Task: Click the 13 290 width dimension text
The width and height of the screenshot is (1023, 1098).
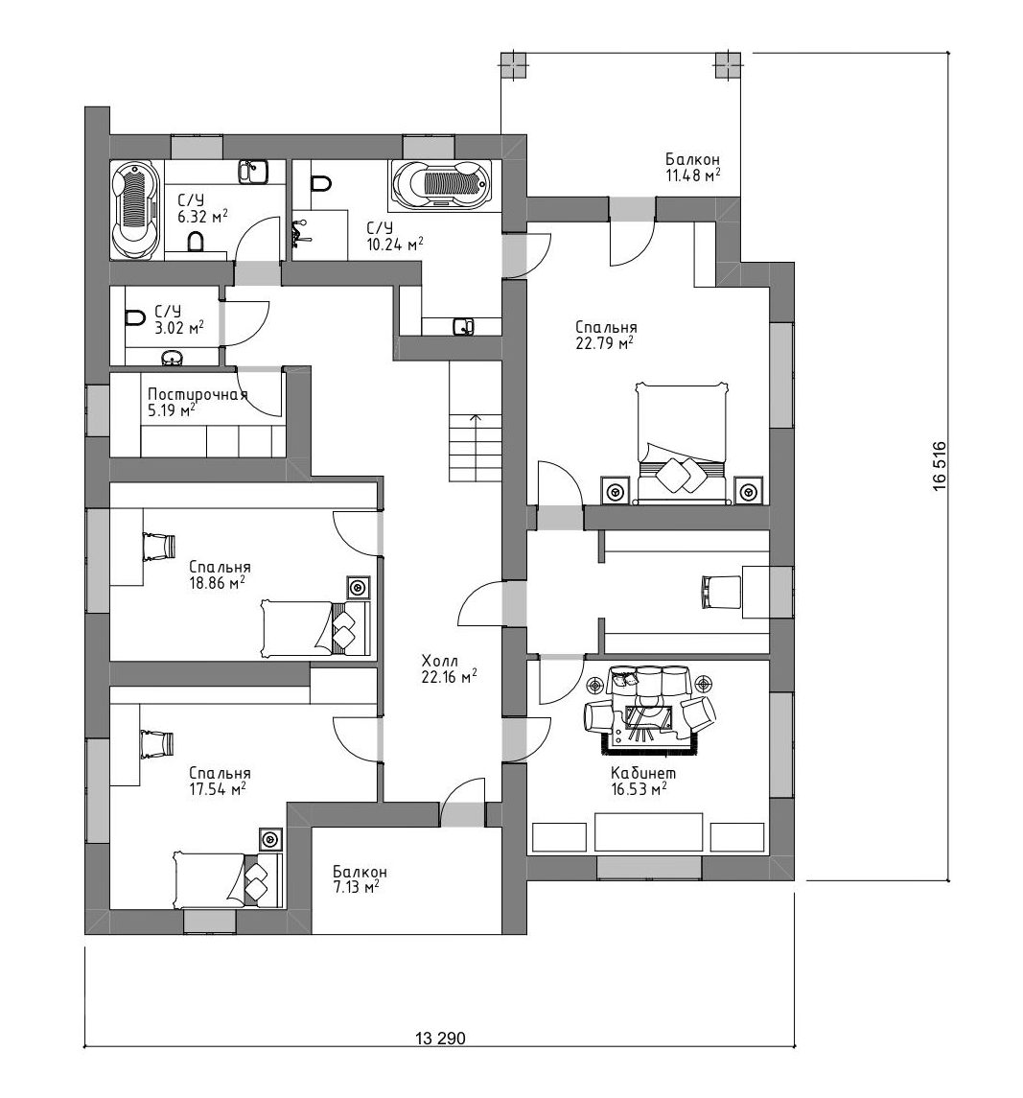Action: coord(440,1039)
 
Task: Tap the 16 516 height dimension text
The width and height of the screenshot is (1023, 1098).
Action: coord(940,466)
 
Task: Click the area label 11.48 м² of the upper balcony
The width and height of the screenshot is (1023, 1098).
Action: coord(693,175)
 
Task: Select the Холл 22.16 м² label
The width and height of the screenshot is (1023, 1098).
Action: coord(450,668)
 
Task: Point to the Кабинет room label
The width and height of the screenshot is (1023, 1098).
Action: coord(643,774)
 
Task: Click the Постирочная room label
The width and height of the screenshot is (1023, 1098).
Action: coord(198,394)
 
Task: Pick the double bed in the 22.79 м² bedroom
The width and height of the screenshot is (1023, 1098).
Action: coord(682,443)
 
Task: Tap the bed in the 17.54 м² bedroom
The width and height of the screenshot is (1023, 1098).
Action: coord(228,878)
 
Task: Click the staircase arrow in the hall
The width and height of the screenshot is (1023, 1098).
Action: coord(477,448)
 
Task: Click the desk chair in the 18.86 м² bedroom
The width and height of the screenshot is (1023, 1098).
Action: coord(158,547)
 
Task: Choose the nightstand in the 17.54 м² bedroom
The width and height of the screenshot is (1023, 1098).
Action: coord(269,838)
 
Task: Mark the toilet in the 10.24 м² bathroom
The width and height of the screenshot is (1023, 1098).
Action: coord(321,183)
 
